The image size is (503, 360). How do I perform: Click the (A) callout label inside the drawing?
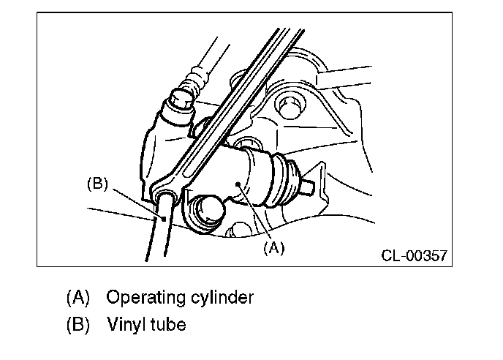pos(273,247)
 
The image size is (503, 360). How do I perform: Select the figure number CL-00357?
pos(414,257)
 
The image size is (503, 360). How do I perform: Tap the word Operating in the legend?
pos(143,298)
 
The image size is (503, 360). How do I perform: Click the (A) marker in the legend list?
pos(77,298)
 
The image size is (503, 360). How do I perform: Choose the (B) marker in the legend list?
pos(77,323)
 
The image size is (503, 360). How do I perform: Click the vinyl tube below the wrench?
pos(156,234)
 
